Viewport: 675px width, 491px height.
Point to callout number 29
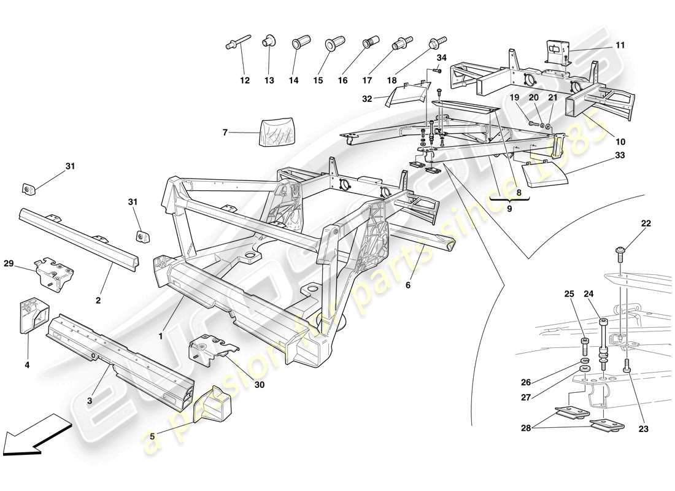pos(25,263)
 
